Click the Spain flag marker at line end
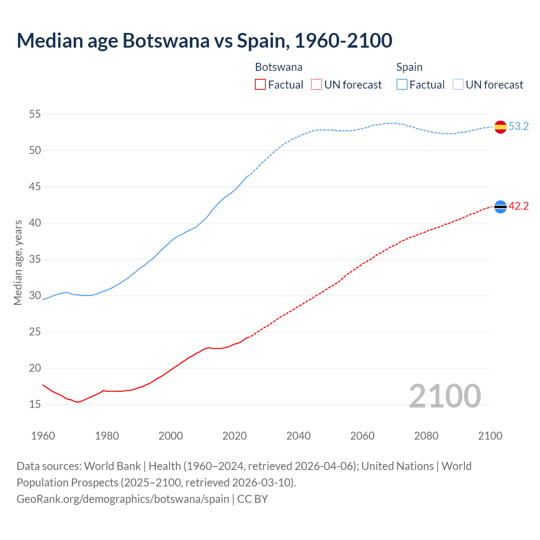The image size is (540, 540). pos(500,127)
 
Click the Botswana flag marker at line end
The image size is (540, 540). pos(500,206)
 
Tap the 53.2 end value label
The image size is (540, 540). pos(518,127)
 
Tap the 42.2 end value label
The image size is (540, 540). pos(518,206)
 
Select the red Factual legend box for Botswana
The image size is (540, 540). pos(260,85)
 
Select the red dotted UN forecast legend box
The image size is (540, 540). pos(316,85)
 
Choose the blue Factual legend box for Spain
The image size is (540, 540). pos(402,85)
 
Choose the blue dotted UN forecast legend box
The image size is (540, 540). pos(458,85)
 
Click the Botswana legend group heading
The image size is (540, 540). pos(278,67)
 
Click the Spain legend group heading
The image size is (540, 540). pos(409,67)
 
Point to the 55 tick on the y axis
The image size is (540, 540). pos(35,114)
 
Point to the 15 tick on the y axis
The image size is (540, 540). pos(35,404)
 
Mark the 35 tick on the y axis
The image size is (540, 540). pos(35,259)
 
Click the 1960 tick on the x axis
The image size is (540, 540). pos(43,436)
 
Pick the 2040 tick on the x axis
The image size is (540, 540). pos(298,436)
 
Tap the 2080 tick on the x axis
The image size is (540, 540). pos(426,436)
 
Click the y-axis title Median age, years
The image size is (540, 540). pos(18,262)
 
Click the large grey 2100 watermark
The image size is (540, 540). pos(445,396)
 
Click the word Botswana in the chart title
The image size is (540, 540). pos(166,40)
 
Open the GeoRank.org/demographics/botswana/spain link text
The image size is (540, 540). pos(123,499)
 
